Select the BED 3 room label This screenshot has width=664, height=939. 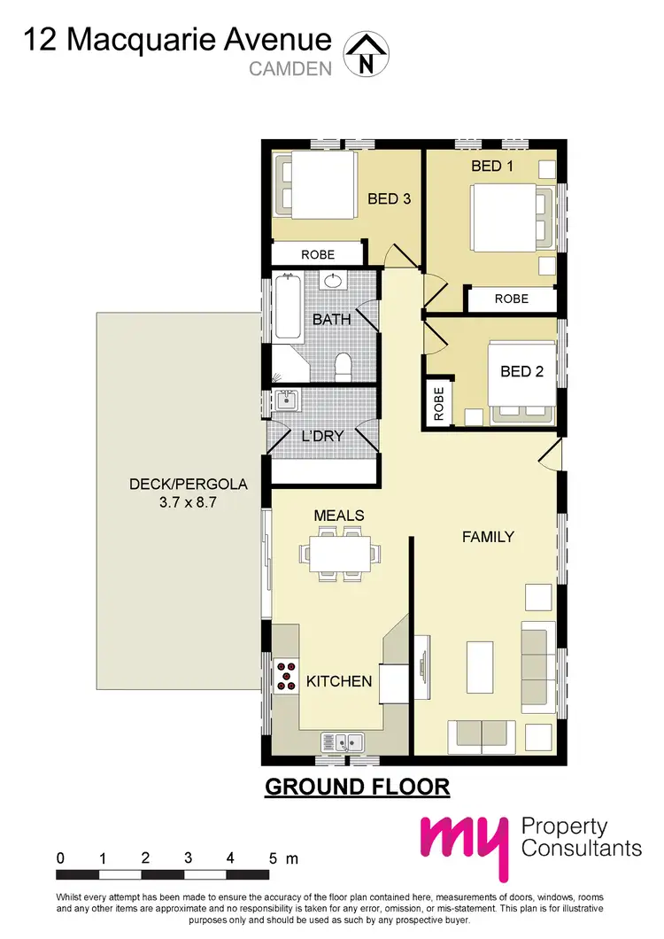point(389,198)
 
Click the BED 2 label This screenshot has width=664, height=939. point(521,371)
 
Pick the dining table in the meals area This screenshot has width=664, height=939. point(340,555)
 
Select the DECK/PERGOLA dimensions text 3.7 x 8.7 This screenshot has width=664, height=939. point(188,502)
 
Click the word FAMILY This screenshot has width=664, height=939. point(488,536)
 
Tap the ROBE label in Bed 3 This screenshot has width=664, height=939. point(317,255)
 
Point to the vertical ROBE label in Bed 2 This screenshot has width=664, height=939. point(437,404)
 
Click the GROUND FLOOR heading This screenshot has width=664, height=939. point(358,786)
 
